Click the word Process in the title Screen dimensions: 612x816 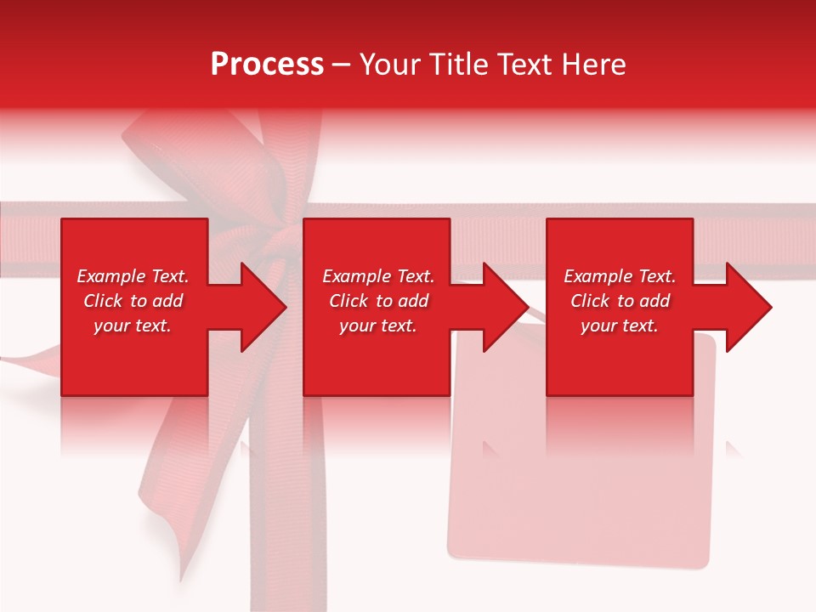[x=267, y=64]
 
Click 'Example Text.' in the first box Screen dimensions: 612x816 [x=133, y=276]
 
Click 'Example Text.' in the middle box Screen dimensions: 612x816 [x=378, y=276]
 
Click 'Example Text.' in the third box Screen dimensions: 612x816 [x=620, y=276]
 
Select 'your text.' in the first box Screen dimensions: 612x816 [x=133, y=326]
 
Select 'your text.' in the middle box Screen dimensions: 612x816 [x=378, y=326]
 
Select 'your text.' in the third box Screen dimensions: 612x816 [x=620, y=326]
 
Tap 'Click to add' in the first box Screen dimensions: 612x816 [x=133, y=301]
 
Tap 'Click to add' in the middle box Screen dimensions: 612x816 [x=378, y=301]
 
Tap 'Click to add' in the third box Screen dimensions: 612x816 [x=620, y=301]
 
